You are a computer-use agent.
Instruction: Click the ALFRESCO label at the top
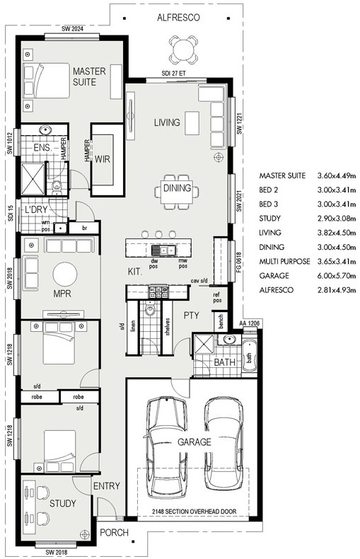point(178,18)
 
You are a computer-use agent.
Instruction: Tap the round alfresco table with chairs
point(183,50)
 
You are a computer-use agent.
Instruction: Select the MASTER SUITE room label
point(89,76)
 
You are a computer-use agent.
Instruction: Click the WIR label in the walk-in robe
point(103,159)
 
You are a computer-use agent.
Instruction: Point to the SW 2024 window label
point(72,29)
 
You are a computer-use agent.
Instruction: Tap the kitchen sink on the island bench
point(163,250)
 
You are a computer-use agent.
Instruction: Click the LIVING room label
point(167,122)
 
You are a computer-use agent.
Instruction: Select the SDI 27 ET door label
point(173,74)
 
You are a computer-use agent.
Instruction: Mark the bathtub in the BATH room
point(249,356)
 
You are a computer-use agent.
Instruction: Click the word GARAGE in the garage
point(194,442)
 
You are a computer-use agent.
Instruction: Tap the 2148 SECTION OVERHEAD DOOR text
point(194,511)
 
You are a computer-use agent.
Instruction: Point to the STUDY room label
point(63,503)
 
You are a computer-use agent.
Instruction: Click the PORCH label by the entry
point(114,533)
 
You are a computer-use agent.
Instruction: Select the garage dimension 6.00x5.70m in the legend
point(337,275)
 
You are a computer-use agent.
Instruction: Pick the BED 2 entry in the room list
point(268,190)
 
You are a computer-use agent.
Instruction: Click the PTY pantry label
point(192,315)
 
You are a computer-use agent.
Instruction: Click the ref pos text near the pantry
point(217,297)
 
